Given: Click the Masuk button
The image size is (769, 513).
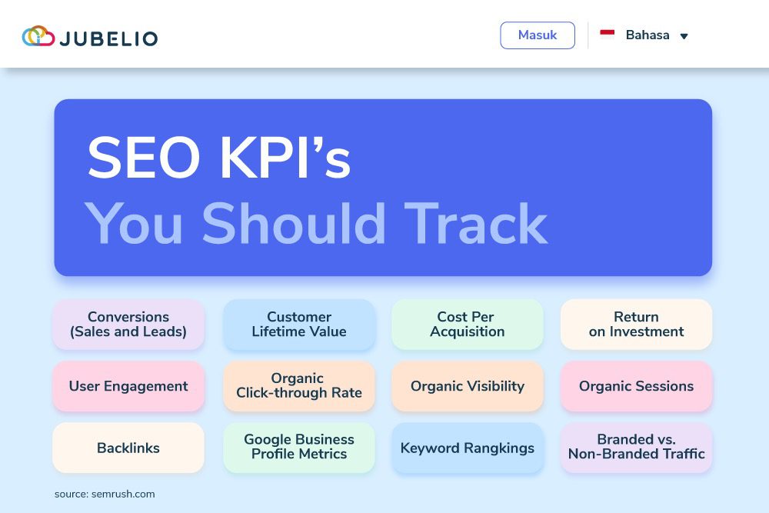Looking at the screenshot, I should [x=537, y=35].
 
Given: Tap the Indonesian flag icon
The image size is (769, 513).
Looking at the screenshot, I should [x=608, y=34].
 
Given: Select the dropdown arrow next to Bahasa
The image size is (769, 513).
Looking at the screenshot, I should [x=684, y=36].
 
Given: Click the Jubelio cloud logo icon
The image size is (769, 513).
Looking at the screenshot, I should [x=38, y=36].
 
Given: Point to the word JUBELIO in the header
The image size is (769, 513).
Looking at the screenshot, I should [x=108, y=38].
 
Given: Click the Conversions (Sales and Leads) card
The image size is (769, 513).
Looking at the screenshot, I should [x=128, y=325].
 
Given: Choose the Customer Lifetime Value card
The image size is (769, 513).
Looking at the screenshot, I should [x=299, y=325].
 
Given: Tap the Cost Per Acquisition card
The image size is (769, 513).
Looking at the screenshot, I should [x=468, y=325].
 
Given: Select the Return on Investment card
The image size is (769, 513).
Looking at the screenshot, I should [x=636, y=325].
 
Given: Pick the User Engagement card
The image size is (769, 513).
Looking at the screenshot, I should [x=128, y=386].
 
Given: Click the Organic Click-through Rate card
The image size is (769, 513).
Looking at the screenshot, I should [x=299, y=386].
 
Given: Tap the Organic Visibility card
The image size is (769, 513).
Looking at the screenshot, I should [x=468, y=386].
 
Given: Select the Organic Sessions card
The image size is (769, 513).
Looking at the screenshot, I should [x=636, y=386].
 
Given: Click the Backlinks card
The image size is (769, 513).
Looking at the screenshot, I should [x=128, y=448].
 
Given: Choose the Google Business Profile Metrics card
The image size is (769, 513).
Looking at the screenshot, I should [x=299, y=448].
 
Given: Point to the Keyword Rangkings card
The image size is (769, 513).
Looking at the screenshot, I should [x=468, y=448].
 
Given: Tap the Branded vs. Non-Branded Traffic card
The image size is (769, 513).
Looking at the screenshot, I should [x=636, y=448].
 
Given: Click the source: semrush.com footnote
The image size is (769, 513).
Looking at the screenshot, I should [x=105, y=494].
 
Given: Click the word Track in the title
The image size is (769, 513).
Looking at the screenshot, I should [x=477, y=223].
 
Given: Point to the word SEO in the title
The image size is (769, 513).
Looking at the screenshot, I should [x=144, y=159].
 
